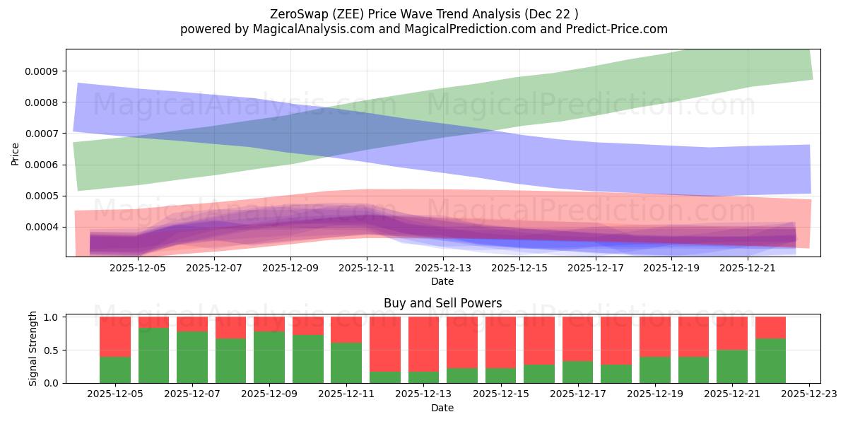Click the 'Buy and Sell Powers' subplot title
(442, 303)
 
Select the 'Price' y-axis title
(16, 153)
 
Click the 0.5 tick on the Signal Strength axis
(52, 351)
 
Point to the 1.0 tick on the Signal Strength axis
(52, 317)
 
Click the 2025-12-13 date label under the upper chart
(442, 268)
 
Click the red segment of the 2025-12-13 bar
(423, 343)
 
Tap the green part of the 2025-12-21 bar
(731, 366)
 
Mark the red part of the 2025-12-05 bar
(115, 336)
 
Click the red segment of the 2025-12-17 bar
(577, 338)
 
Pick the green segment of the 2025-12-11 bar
(346, 363)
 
